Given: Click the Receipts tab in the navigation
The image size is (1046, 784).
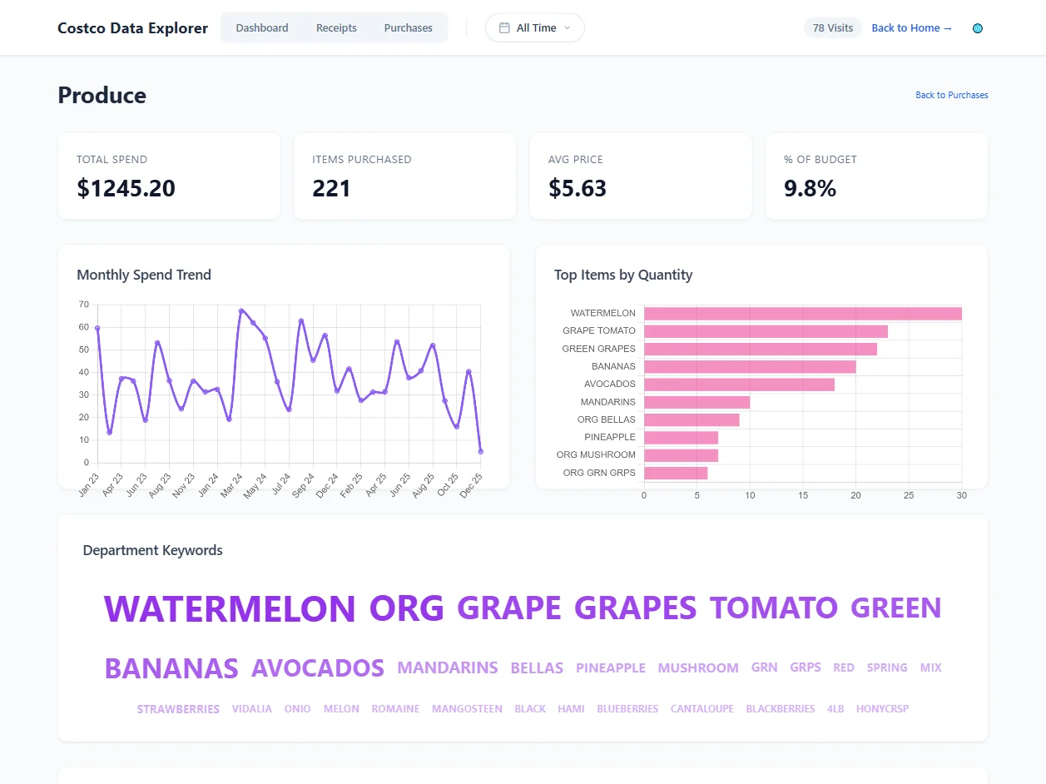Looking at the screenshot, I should tap(336, 27).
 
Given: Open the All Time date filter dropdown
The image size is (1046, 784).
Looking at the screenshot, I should tap(535, 27).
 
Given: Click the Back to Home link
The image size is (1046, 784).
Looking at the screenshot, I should tap(911, 27).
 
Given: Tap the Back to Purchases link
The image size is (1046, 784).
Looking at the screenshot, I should tap(951, 95).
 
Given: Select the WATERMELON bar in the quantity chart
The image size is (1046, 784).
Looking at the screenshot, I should tap(802, 314).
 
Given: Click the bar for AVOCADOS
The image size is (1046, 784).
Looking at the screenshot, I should tap(739, 385).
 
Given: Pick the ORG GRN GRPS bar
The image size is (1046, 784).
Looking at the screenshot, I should tap(676, 473).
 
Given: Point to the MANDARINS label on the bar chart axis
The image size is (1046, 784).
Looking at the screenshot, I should tap(607, 402).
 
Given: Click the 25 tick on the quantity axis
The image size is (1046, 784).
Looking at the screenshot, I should tap(909, 495).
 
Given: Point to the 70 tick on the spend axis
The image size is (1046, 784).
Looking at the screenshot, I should tap(83, 305).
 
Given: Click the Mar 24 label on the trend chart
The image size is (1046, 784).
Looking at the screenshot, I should tap(231, 485).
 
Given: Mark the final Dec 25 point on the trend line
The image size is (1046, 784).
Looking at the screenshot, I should tap(481, 452).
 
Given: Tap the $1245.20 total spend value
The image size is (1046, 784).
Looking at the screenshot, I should tap(126, 188).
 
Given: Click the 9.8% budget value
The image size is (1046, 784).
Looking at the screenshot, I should tap(810, 188).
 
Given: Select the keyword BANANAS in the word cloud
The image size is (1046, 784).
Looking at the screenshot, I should tap(171, 668).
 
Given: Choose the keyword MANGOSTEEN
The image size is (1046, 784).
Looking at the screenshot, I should tap(467, 709).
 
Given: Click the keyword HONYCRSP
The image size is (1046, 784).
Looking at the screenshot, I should tap(882, 709).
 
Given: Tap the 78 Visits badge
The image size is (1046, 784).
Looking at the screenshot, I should tap(832, 27).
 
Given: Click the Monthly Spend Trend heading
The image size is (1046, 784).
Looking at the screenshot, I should tap(144, 275).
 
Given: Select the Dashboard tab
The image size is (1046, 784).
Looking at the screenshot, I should tap(262, 27).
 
